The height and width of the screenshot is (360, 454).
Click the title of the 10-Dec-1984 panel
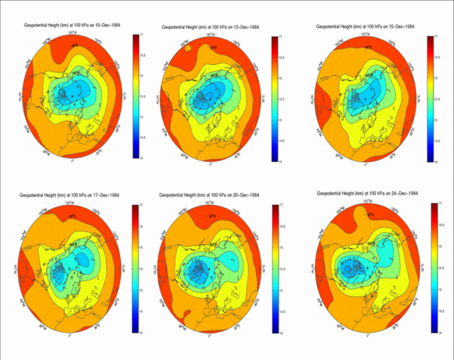tap(68, 26)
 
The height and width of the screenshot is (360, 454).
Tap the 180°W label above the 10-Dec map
tap(73, 33)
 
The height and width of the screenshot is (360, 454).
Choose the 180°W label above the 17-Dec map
tap(73, 201)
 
